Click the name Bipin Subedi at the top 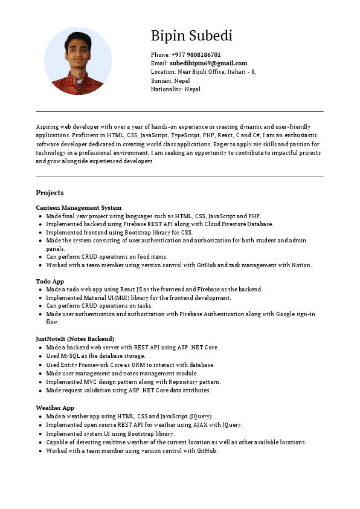191,36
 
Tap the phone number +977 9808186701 195,54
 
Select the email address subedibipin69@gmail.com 208,63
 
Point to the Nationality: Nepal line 175,89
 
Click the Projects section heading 50,193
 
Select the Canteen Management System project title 79,207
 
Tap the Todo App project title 50,281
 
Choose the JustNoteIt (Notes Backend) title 75,339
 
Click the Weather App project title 55,408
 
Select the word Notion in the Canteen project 301,265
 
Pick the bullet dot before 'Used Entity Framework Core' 40,365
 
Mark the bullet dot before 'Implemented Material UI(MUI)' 40,298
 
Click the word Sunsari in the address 161,80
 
